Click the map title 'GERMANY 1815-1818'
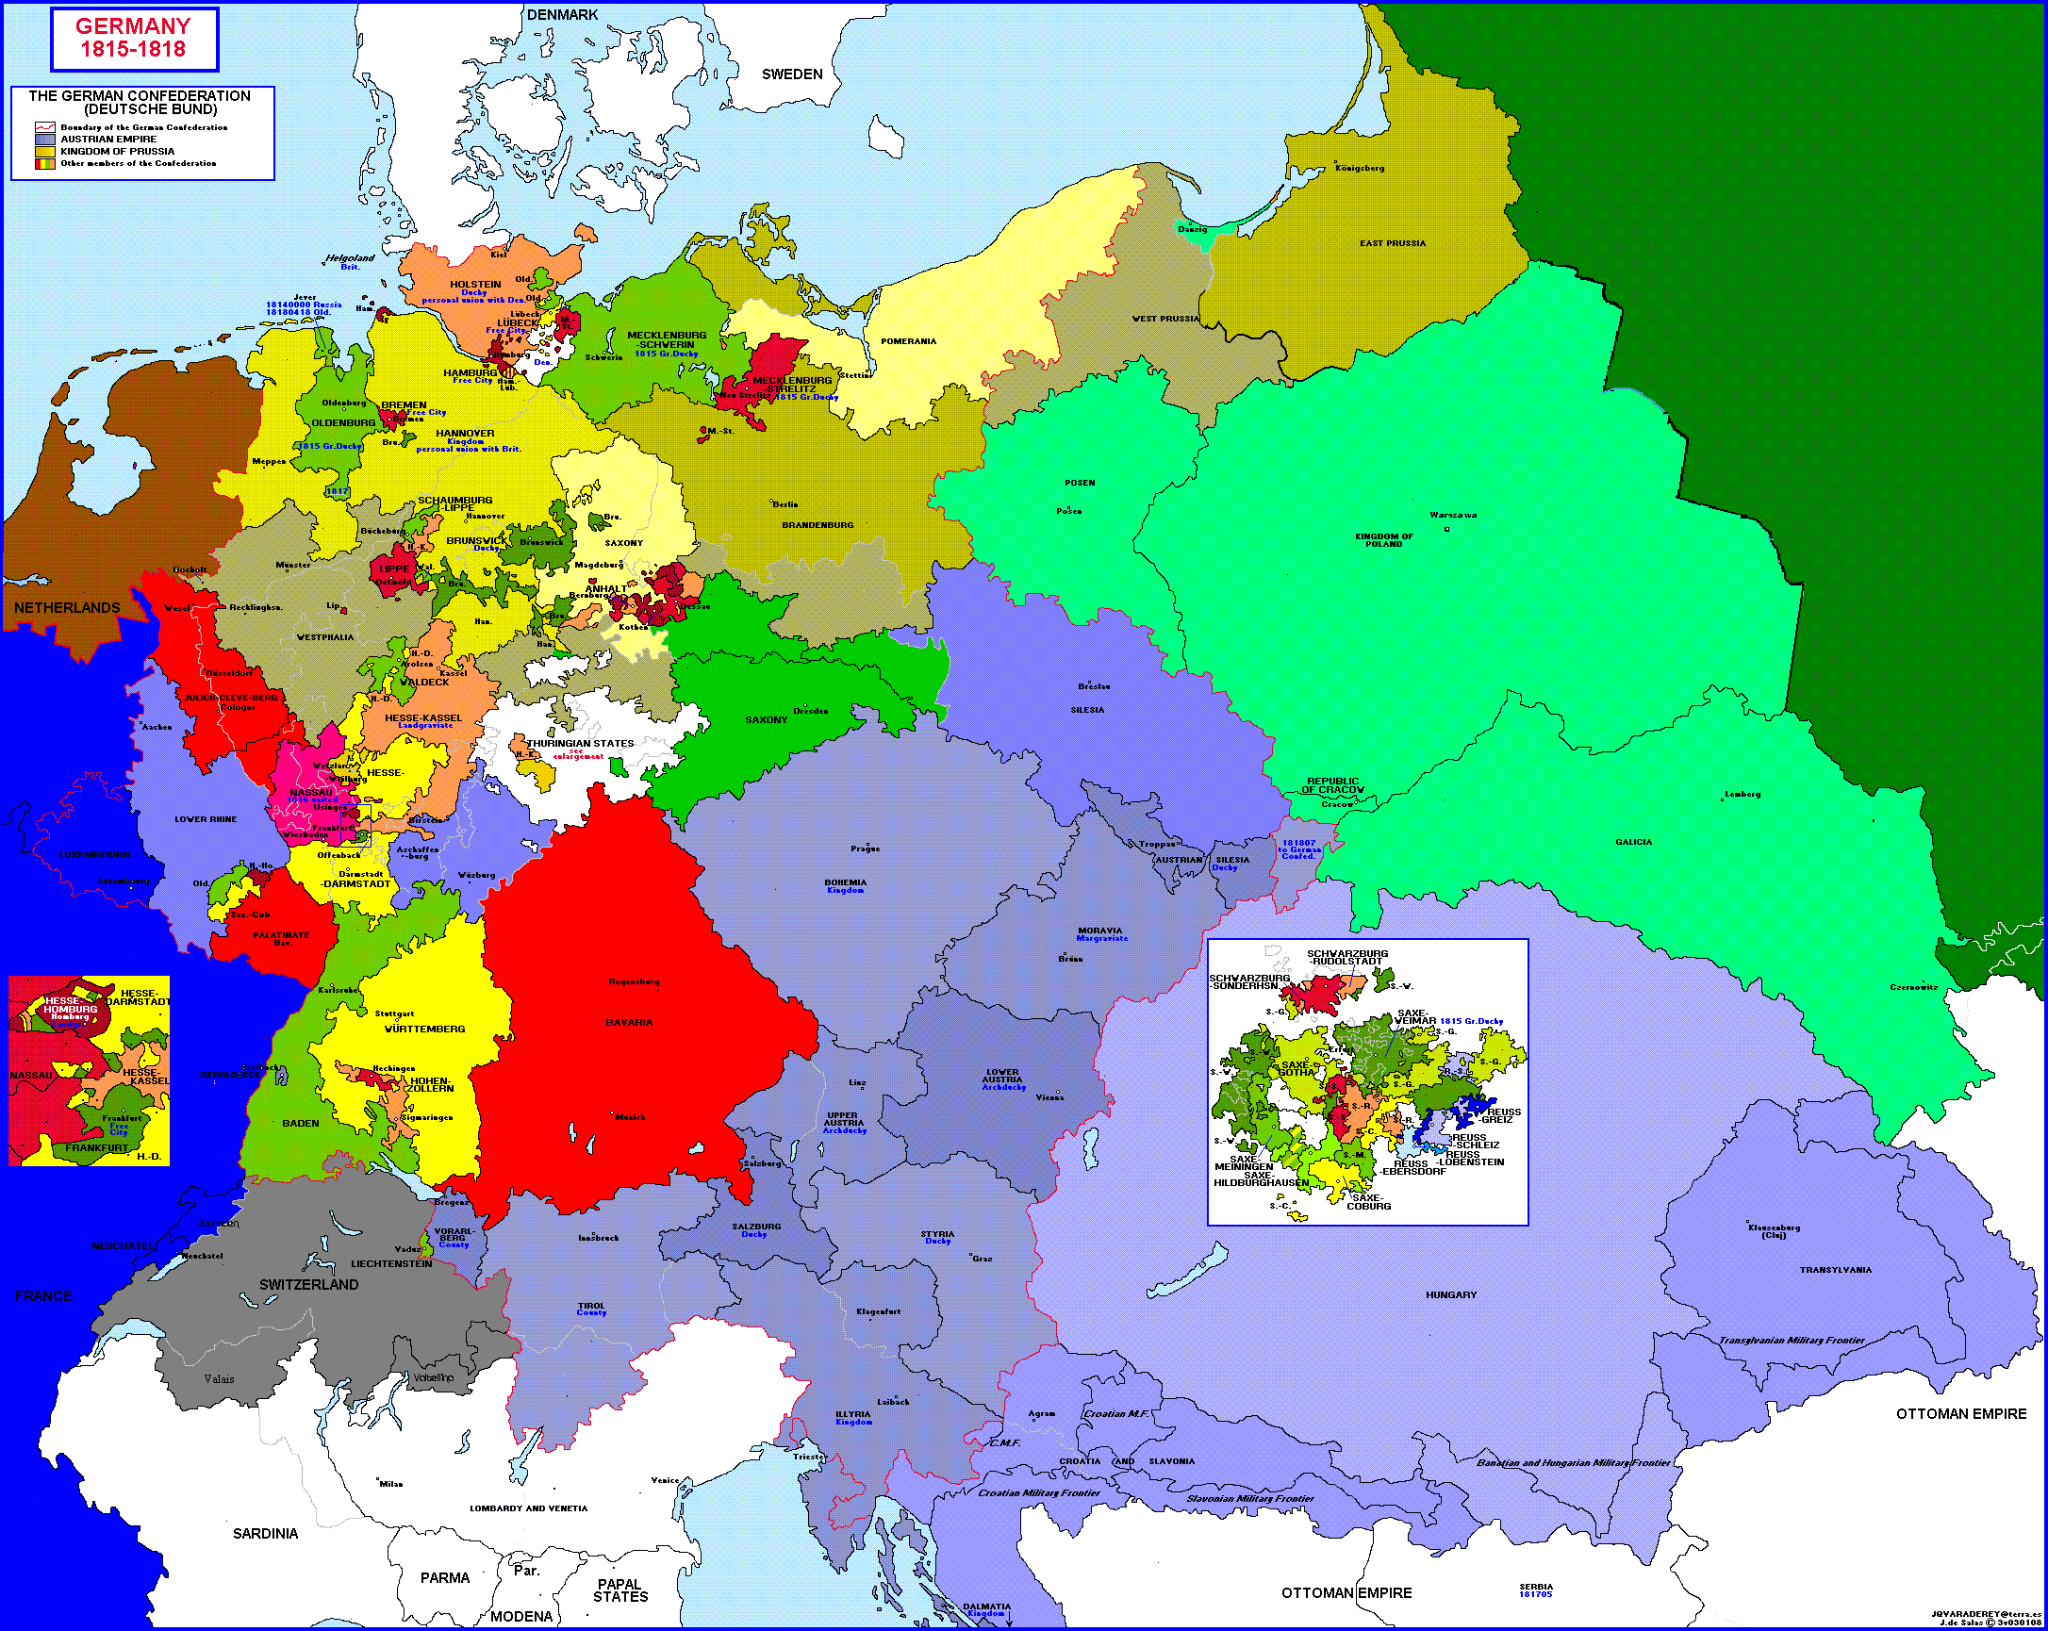[x=133, y=38]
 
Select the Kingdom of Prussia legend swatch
[x=44, y=151]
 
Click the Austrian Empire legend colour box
[x=44, y=139]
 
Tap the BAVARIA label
[x=629, y=1022]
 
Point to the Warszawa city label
[x=1452, y=515]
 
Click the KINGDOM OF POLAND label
[x=1383, y=539]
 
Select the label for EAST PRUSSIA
[x=1392, y=243]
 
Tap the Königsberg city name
[x=1360, y=168]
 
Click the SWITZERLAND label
[x=308, y=1284]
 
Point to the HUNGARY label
[x=1450, y=1294]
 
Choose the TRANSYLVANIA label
[x=1834, y=1269]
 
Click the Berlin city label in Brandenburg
[x=785, y=503]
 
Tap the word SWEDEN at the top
[x=791, y=74]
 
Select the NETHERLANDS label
[x=67, y=608]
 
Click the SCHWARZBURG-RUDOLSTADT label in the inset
[x=1347, y=957]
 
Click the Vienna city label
[x=1049, y=1097]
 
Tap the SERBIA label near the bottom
[x=1535, y=1587]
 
